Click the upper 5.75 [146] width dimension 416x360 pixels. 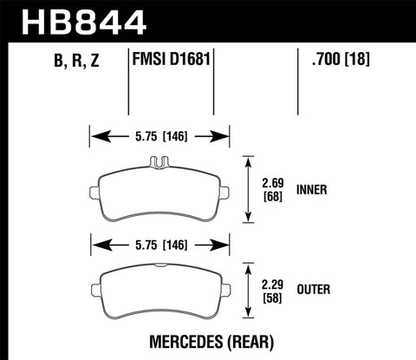click(159, 136)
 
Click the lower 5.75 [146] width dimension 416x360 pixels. click(159, 245)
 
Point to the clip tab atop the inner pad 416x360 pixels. click(159, 160)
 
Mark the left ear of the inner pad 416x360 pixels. click(94, 191)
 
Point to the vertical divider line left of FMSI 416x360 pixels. click(128, 82)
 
